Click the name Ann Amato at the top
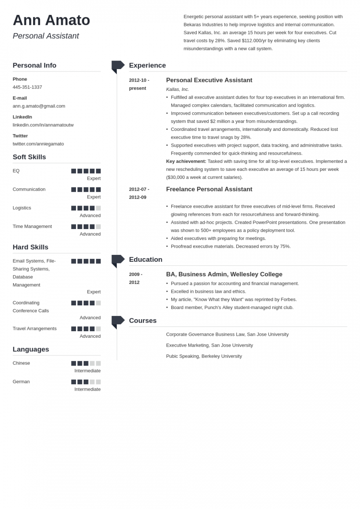51,21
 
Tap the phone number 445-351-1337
27,87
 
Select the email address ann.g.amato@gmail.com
39,106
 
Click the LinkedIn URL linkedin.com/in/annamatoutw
43,125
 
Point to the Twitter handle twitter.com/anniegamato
38,144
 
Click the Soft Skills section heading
29,157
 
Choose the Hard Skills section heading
30,247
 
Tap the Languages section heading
31,349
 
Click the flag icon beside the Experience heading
117,66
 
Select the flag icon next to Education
117,260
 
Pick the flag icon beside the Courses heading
117,321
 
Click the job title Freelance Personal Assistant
209,189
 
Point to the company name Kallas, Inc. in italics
177,89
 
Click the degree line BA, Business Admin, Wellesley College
224,274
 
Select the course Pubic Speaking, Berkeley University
204,356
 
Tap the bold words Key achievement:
186,161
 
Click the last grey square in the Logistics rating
98,208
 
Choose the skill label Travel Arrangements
34,328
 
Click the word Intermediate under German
87,389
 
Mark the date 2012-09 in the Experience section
137,198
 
